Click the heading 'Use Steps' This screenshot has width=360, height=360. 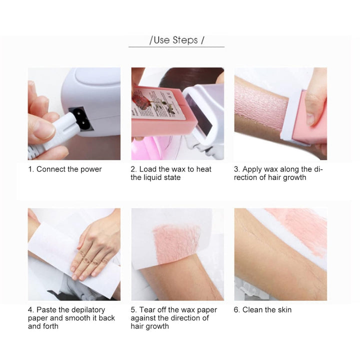click(x=175, y=40)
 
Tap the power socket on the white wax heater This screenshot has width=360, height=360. click(x=81, y=118)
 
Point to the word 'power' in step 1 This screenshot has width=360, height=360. click(x=91, y=169)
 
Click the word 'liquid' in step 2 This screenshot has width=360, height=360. click(x=155, y=177)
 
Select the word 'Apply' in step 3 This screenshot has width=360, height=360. click(x=252, y=169)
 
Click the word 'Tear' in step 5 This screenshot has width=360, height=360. click(x=148, y=309)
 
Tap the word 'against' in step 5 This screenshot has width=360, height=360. click(x=143, y=318)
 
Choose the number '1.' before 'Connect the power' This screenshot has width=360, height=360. click(x=31, y=169)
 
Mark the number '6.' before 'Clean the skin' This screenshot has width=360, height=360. click(x=237, y=310)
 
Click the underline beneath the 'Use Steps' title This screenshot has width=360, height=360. click(x=176, y=47)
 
